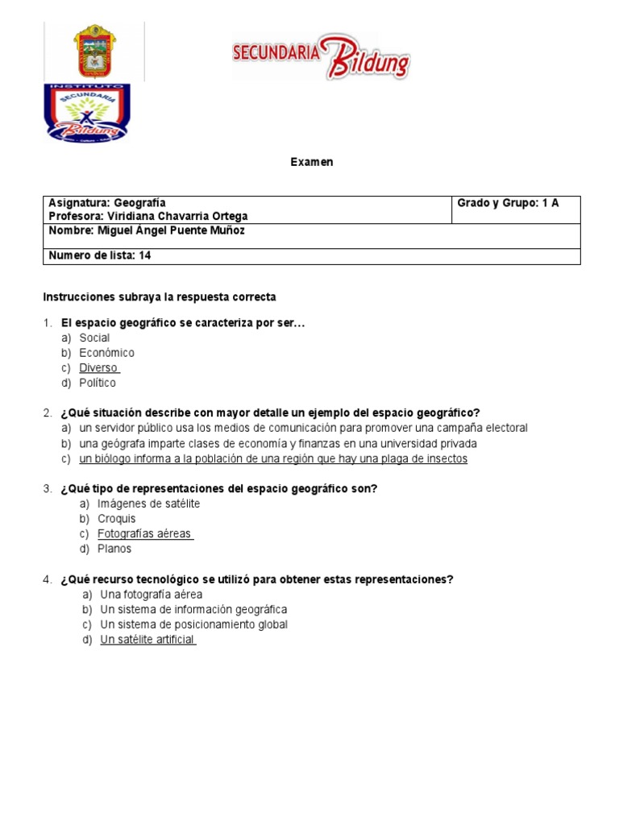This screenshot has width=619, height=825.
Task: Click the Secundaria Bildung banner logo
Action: [x=321, y=56]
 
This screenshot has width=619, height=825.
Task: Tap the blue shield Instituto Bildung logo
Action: [x=85, y=113]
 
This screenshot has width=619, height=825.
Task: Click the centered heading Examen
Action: [x=311, y=162]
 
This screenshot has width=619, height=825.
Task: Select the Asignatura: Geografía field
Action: [x=107, y=203]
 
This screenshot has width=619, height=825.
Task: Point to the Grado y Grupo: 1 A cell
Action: [x=508, y=203]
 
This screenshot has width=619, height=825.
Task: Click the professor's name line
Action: [x=148, y=217]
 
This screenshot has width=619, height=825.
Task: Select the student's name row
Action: [x=147, y=231]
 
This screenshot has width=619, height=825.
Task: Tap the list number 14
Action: [x=145, y=256]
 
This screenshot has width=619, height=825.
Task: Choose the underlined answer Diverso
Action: [x=98, y=368]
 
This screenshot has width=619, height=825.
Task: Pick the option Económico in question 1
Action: [x=106, y=353]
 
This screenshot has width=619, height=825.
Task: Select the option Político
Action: [x=98, y=383]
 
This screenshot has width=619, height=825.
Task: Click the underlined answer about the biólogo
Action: [x=272, y=459]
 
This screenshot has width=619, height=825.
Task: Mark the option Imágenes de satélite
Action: [x=148, y=504]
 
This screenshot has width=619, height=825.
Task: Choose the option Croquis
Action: [x=116, y=519]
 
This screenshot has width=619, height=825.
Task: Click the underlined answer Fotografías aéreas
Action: [x=143, y=533]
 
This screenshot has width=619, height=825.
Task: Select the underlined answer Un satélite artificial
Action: [x=147, y=640]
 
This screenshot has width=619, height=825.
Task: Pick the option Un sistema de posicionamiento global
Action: [x=193, y=624]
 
